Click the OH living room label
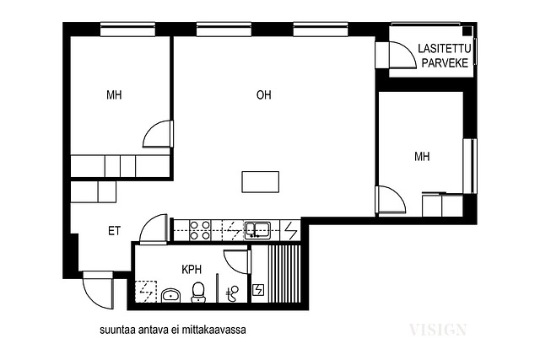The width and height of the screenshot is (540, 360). (264, 94)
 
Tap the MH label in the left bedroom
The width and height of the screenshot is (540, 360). (114, 94)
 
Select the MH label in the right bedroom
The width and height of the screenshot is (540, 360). (422, 157)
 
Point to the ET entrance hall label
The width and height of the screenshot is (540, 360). (114, 231)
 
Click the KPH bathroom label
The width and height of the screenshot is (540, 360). (192, 269)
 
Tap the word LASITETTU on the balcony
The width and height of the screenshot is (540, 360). (445, 49)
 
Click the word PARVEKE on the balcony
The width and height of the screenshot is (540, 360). (445, 63)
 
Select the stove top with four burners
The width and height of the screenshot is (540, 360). (200, 230)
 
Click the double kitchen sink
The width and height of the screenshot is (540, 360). (257, 230)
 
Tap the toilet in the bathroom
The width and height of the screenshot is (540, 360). (197, 292)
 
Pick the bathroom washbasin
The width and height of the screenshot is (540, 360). (171, 295)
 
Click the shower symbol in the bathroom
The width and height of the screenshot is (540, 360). (233, 293)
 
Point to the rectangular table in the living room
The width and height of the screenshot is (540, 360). (261, 182)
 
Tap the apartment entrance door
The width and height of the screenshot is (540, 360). (98, 291)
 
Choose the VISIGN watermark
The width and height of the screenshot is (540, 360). (438, 330)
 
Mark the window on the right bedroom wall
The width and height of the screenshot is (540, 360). (470, 166)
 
